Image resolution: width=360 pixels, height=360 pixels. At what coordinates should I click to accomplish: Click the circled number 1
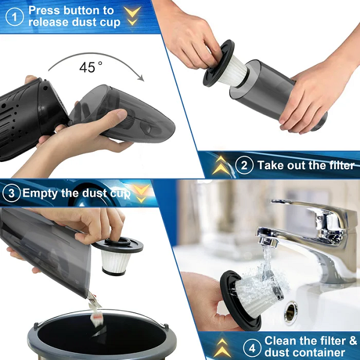pos(14,17)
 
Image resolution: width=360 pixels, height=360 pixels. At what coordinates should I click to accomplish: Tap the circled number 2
pos(244,165)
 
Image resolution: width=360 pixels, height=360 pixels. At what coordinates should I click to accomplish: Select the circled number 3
pos(11,193)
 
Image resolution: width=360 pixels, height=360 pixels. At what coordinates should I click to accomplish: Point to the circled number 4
pos(252,349)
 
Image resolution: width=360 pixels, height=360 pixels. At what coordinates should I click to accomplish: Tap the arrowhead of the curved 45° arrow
pos(140,78)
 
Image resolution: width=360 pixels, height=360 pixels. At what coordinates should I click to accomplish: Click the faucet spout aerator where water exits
pos(268,242)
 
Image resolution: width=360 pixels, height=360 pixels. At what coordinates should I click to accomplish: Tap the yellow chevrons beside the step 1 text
pos(132,15)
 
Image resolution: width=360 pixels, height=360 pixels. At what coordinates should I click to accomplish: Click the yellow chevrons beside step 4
pos(222,347)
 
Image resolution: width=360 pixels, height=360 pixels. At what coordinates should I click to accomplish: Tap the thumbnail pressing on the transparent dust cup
pos(121,114)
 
